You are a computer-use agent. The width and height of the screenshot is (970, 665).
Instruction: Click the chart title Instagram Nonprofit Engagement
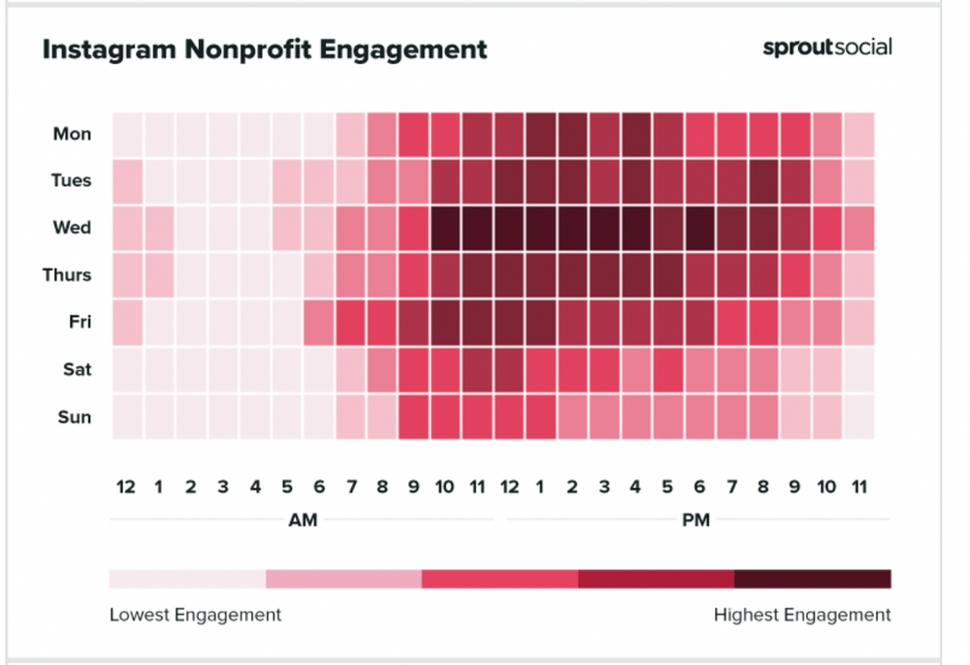point(264,49)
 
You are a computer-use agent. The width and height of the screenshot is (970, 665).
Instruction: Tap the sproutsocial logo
point(827,47)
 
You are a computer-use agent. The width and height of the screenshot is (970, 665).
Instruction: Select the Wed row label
point(72,228)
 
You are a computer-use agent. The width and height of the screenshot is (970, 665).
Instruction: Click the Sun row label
point(73,417)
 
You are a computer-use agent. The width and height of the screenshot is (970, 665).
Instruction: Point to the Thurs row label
point(67,275)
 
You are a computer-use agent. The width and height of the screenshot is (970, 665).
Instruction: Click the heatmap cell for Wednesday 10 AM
point(445,228)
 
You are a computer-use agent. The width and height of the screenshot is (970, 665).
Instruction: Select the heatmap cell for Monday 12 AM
point(127,134)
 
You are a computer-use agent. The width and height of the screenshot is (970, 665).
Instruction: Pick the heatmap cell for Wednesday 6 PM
point(699,228)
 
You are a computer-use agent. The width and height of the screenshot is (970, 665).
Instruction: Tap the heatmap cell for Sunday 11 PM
point(858,417)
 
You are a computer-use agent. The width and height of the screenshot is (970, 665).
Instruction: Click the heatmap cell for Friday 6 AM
point(318,322)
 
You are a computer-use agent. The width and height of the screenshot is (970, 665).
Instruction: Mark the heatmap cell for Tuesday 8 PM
point(763,180)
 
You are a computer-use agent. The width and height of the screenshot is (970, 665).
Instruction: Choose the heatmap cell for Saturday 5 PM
point(667,369)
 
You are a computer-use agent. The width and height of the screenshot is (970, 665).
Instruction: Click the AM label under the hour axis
point(303,521)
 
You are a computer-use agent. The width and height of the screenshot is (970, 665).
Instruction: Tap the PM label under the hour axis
point(695,521)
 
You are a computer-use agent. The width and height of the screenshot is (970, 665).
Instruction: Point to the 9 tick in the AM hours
point(414,488)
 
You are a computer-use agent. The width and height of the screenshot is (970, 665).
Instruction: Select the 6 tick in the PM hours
point(699,488)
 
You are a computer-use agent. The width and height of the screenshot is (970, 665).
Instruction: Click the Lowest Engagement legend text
point(195,615)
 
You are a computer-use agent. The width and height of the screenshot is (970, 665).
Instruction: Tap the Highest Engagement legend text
point(802,615)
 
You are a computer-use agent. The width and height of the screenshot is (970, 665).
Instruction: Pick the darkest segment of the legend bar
point(812,579)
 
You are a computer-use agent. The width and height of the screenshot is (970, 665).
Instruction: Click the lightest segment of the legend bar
point(187,579)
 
